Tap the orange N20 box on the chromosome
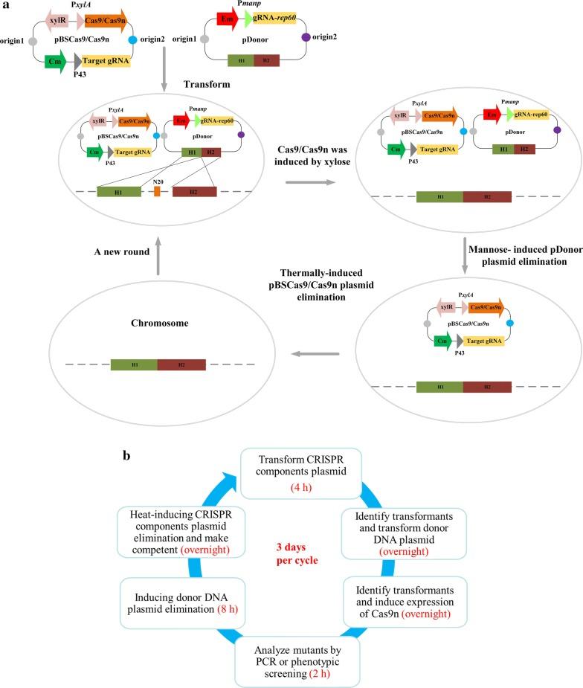157,191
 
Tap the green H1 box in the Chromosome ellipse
134,364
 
